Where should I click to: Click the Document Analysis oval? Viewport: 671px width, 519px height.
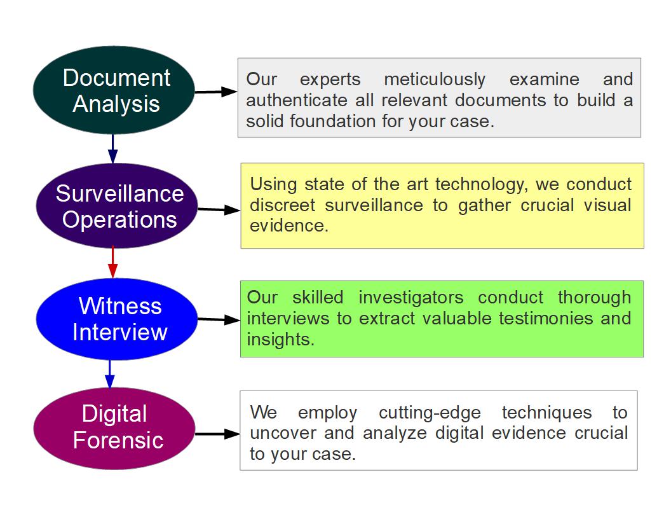(x=114, y=90)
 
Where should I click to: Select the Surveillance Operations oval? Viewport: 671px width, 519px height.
(x=117, y=205)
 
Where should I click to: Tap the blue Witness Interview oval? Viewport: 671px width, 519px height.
(x=117, y=319)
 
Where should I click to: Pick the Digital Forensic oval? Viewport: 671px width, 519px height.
(x=114, y=428)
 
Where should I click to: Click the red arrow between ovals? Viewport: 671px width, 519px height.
(x=112, y=263)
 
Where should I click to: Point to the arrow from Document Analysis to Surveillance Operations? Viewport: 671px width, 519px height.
(x=113, y=149)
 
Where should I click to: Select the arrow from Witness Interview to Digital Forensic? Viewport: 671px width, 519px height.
(x=110, y=374)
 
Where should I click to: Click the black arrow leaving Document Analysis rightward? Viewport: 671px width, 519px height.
(x=216, y=92)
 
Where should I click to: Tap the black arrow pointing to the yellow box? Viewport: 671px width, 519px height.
(x=219, y=209)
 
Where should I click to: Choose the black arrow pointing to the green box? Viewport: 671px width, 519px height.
(x=219, y=319)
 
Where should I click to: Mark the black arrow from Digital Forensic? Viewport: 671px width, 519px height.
(x=217, y=434)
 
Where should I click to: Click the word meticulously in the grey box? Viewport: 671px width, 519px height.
(x=435, y=80)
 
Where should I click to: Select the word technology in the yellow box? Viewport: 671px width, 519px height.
(x=482, y=185)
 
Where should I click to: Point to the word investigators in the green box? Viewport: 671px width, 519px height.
(x=411, y=297)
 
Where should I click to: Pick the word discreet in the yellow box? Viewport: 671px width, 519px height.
(x=282, y=205)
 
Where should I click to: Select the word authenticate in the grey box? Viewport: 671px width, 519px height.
(x=297, y=100)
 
